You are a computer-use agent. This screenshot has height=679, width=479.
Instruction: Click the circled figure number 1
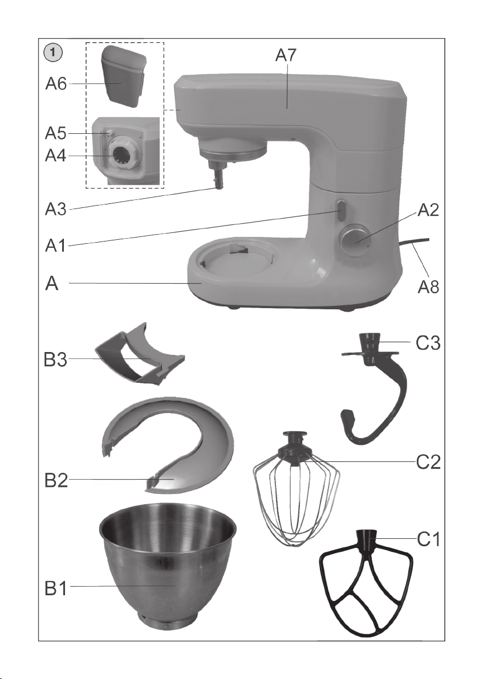(53, 54)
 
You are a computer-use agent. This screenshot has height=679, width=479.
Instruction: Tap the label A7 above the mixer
(286, 55)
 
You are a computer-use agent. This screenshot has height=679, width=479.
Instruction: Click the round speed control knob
(355, 239)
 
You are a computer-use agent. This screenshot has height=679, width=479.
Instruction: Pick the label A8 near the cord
(428, 286)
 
